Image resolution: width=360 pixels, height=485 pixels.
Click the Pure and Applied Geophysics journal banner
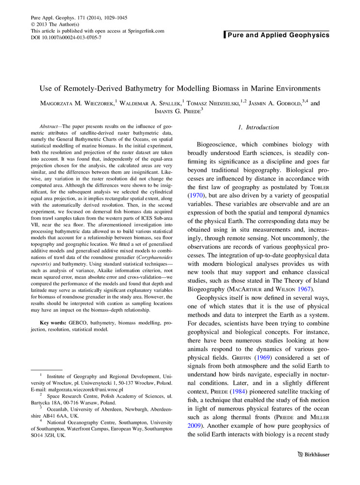278,35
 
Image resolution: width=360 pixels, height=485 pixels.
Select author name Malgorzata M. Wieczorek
79,103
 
